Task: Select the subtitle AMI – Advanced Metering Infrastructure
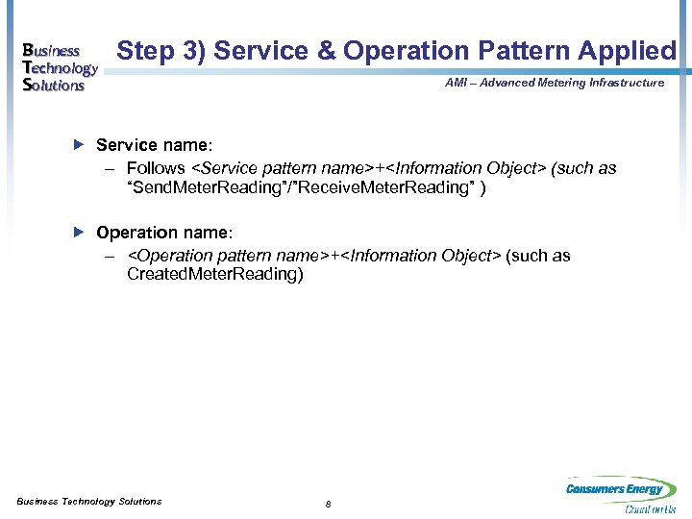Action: coord(555,83)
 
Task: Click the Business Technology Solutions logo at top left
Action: coord(60,67)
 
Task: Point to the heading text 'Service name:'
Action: coord(154,145)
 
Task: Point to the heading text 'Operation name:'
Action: coord(163,233)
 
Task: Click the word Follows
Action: coord(159,168)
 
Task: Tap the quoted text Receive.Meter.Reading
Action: coord(366,187)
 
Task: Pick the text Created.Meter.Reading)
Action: coord(214,275)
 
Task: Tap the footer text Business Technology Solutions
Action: coord(89,502)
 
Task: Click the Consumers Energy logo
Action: coord(615,489)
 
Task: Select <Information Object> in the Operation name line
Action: coord(422,256)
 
